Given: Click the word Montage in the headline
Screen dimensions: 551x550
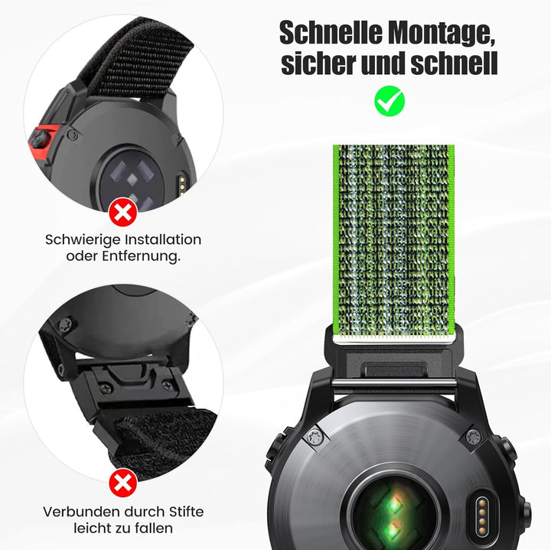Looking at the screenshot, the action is [x=439, y=33].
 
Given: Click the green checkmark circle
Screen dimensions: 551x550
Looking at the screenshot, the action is [x=390, y=101].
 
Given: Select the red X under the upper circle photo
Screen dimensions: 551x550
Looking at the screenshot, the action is [x=123, y=212].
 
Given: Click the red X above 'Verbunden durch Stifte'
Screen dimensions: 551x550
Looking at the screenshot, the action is [x=123, y=483].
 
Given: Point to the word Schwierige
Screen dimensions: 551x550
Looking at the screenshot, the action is [x=83, y=241].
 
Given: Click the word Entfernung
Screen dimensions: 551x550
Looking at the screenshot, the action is [x=142, y=256].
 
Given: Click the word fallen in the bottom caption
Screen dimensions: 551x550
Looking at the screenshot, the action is [x=153, y=528].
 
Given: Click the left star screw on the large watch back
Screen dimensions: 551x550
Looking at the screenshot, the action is [x=314, y=438].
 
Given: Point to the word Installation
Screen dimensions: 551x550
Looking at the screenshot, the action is [x=163, y=240].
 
